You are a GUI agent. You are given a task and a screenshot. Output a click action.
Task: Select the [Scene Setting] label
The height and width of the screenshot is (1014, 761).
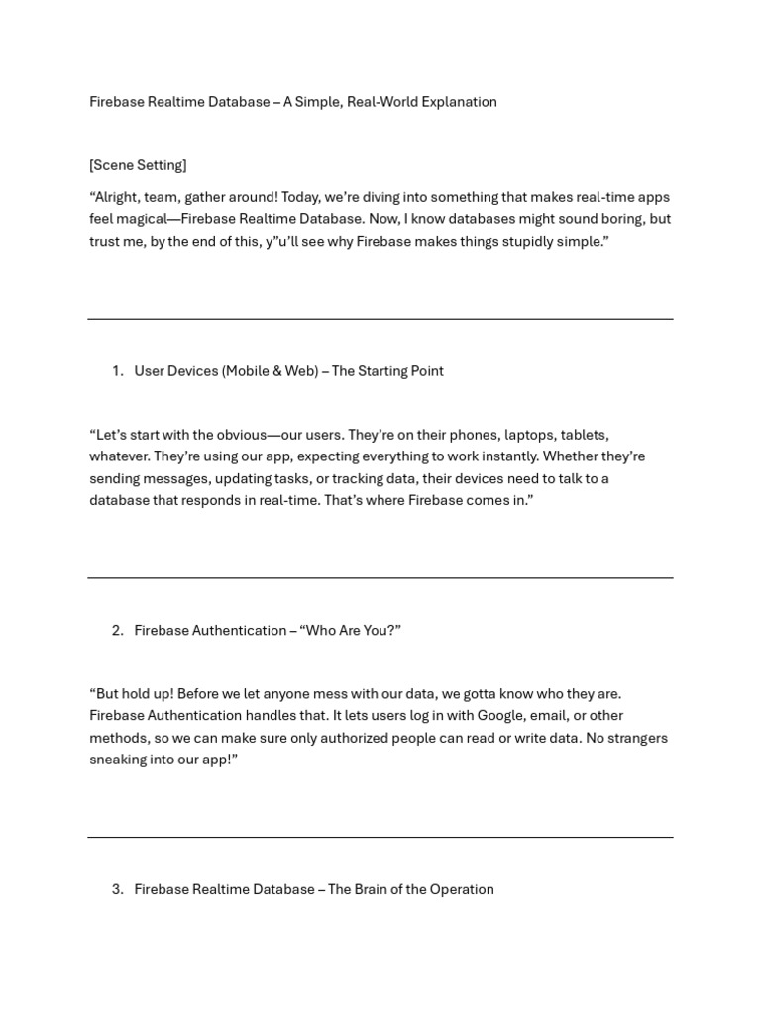138,165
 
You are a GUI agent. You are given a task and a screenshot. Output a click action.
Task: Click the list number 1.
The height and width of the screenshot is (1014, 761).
117,371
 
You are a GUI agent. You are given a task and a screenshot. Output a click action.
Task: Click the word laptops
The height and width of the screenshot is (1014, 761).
530,435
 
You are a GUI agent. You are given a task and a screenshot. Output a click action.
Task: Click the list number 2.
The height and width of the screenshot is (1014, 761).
117,631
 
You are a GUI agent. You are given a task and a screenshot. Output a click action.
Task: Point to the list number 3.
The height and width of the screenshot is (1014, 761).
117,890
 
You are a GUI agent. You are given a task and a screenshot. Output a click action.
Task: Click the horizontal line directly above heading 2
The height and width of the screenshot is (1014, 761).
380,578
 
